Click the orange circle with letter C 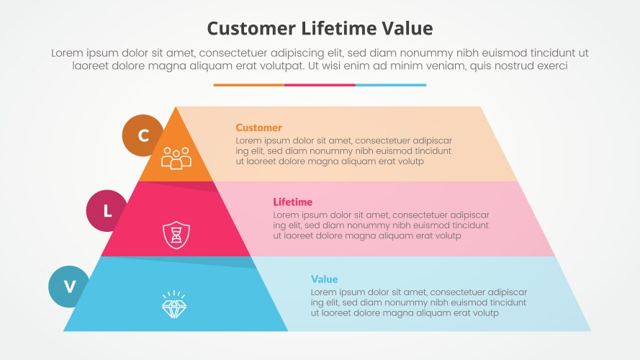tap(143, 135)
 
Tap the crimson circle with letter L tap(107, 211)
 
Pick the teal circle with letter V tap(69, 287)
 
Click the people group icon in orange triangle tap(176, 157)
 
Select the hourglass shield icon tap(176, 235)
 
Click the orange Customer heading tap(258, 127)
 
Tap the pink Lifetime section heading tap(293, 202)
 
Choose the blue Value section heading tap(324, 279)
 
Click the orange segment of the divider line tap(248, 85)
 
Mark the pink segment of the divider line tap(320, 85)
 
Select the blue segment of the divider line tap(391, 85)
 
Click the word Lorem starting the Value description tap(325, 292)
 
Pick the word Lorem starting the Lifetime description tap(287, 215)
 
